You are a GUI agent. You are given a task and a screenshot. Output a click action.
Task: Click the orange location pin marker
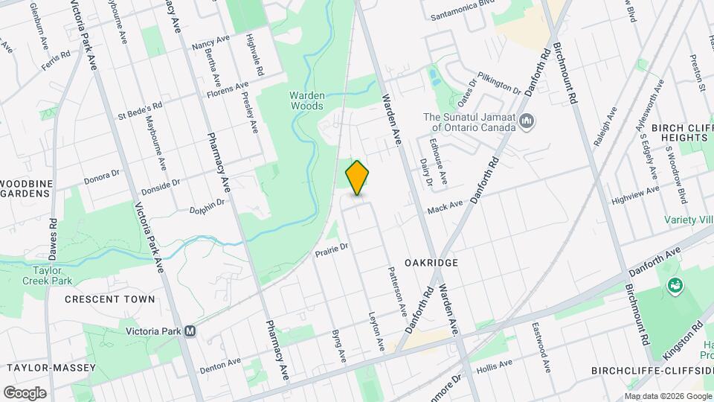click(358, 176)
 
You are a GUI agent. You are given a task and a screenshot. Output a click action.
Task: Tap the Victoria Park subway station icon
click(191, 331)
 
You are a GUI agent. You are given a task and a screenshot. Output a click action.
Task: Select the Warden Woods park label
click(306, 100)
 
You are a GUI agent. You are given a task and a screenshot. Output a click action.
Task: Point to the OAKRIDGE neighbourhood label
click(431, 264)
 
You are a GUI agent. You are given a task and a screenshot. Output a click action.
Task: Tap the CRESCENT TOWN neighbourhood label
click(109, 299)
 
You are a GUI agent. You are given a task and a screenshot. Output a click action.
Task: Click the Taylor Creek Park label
click(52, 276)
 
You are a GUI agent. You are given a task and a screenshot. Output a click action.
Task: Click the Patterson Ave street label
click(397, 288)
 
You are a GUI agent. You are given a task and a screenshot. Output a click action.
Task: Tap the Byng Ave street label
click(338, 345)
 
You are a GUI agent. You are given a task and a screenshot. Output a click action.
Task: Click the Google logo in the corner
click(25, 393)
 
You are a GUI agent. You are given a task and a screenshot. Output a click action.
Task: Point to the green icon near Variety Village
click(675, 284)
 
